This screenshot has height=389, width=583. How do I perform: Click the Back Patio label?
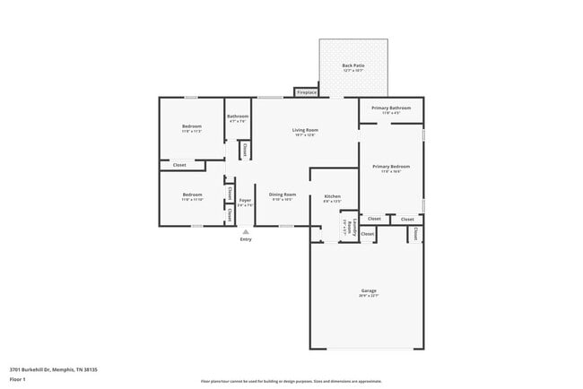coord(353,65)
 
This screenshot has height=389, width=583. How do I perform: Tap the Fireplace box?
coord(307,91)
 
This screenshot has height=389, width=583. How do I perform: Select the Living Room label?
coord(305,130)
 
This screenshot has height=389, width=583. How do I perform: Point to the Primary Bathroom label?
coord(391,108)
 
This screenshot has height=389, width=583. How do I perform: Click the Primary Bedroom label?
coord(391,166)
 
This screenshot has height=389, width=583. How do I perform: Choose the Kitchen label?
coord(332,196)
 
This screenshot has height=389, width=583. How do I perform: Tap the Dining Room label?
coord(283,194)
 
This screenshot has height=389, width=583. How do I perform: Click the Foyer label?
coord(245,200)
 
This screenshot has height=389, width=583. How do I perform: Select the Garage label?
coord(369,290)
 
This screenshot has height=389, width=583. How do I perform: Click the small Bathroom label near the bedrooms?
coord(238,116)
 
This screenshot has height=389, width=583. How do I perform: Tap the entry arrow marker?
coord(245,230)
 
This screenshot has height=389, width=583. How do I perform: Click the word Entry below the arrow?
coord(245,239)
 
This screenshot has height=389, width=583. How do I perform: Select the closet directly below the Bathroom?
coord(245,151)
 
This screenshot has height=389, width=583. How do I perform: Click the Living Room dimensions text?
coord(305,135)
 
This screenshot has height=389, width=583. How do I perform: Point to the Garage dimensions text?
coord(369,296)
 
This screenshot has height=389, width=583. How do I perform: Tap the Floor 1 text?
coord(18,379)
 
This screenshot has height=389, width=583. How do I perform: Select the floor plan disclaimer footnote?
coord(291,381)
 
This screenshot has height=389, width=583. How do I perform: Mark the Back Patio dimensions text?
coord(353,71)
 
